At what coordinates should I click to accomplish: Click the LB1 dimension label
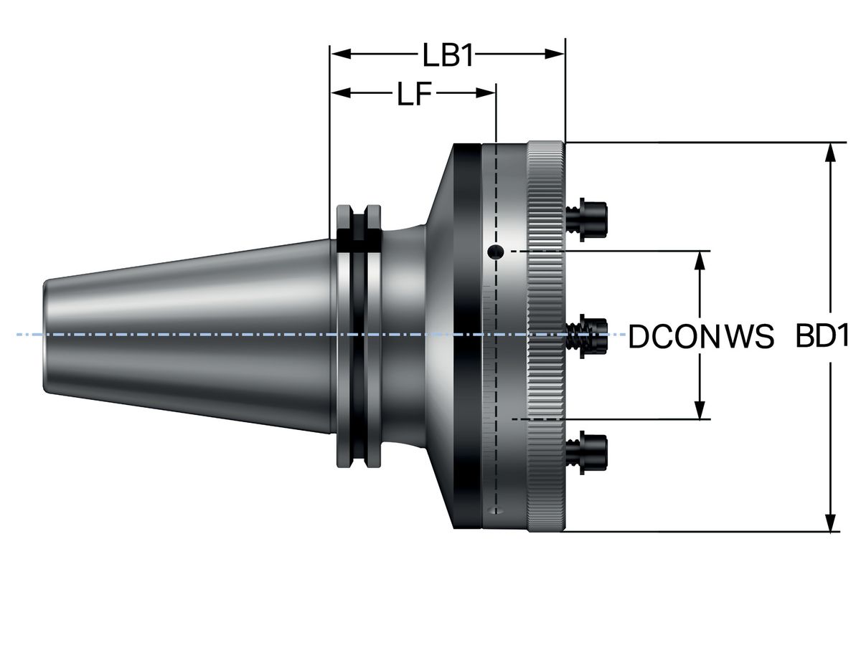point(448,55)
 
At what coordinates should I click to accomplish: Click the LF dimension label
point(415,94)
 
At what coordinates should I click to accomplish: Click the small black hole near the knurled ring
point(494,252)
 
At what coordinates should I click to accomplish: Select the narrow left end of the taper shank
point(47,335)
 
